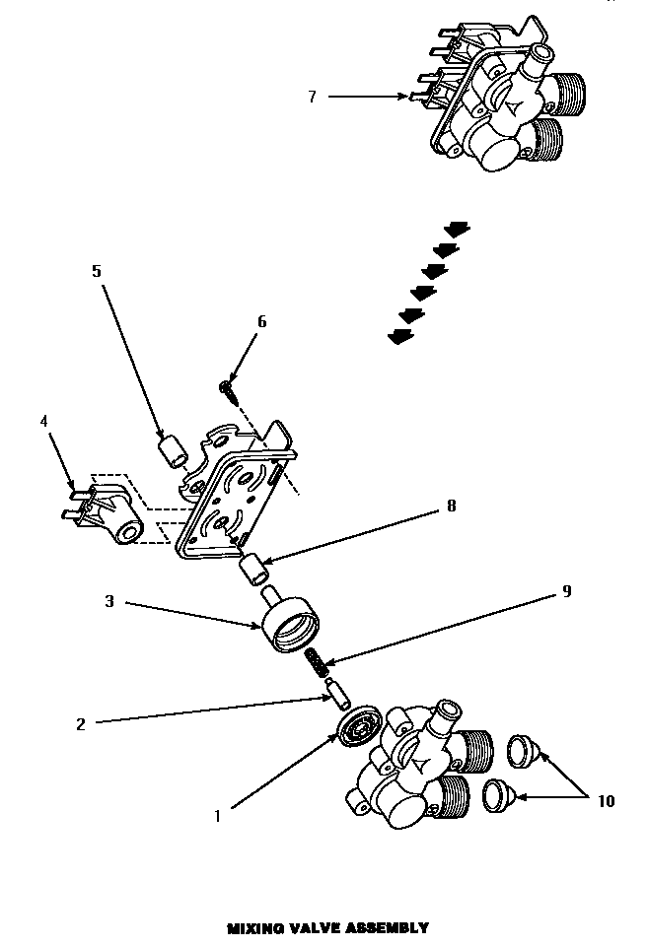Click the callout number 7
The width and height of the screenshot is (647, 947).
pos(312,97)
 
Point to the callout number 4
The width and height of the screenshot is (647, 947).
pos(43,421)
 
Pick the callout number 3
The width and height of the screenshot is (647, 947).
pos(110,600)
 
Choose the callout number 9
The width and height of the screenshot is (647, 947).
pos(566,591)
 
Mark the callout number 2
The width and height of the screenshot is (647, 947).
pos(81,724)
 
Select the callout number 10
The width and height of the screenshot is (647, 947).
pos(605,801)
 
